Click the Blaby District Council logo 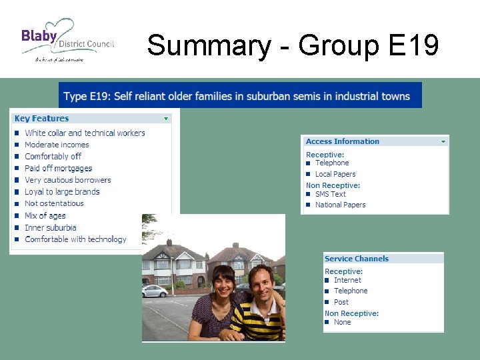click(67, 40)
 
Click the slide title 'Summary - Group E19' click(293, 45)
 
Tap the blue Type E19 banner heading click(240, 96)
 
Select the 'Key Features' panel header click(42, 119)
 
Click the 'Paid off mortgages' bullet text click(59, 168)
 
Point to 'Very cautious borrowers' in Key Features click(68, 180)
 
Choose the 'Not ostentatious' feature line click(54, 203)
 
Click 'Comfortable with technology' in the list click(75, 239)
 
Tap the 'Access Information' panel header click(343, 141)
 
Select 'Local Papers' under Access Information click(335, 174)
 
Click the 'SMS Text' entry click(331, 194)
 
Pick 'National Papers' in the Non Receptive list click(340, 205)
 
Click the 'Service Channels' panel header click(357, 259)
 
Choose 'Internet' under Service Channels click(347, 280)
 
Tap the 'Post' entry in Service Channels click(341, 302)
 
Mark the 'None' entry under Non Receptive click(342, 322)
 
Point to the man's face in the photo click(261, 284)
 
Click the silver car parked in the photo click(155, 291)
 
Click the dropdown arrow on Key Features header click(166, 119)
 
